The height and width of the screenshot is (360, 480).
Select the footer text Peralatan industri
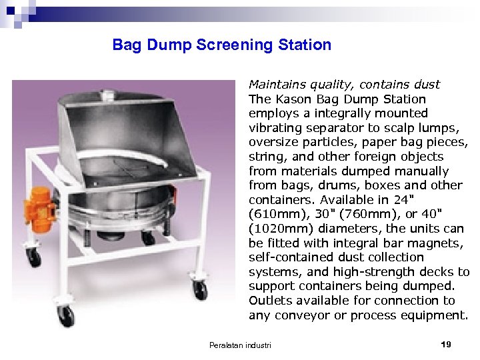click(240, 345)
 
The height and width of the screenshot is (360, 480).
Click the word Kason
click(288, 99)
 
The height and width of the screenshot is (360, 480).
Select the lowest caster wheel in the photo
click(67, 316)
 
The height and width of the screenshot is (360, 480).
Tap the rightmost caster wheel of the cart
click(199, 290)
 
